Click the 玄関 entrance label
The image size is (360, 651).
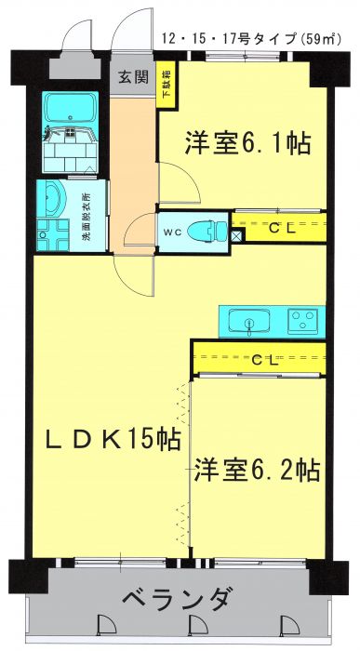pyautogui.click(x=133, y=77)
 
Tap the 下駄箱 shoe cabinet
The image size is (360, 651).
pyautogui.click(x=167, y=86)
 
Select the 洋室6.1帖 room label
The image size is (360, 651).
pyautogui.click(x=247, y=143)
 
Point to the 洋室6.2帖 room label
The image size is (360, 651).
pyautogui.click(x=257, y=470)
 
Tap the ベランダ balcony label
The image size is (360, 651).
pyautogui.click(x=177, y=599)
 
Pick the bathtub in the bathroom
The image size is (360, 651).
pyautogui.click(x=70, y=107)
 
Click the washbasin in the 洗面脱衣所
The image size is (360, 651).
pyautogui.click(x=53, y=199)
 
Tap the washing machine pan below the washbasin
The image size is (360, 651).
pyautogui.click(x=53, y=235)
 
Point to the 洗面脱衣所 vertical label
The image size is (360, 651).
pyautogui.click(x=87, y=216)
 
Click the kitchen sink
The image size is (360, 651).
pyautogui.click(x=249, y=322)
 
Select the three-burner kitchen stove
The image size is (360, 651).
pyautogui.click(x=303, y=320)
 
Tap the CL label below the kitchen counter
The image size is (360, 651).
pyautogui.click(x=265, y=361)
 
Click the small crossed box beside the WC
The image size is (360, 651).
pyautogui.click(x=236, y=236)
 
